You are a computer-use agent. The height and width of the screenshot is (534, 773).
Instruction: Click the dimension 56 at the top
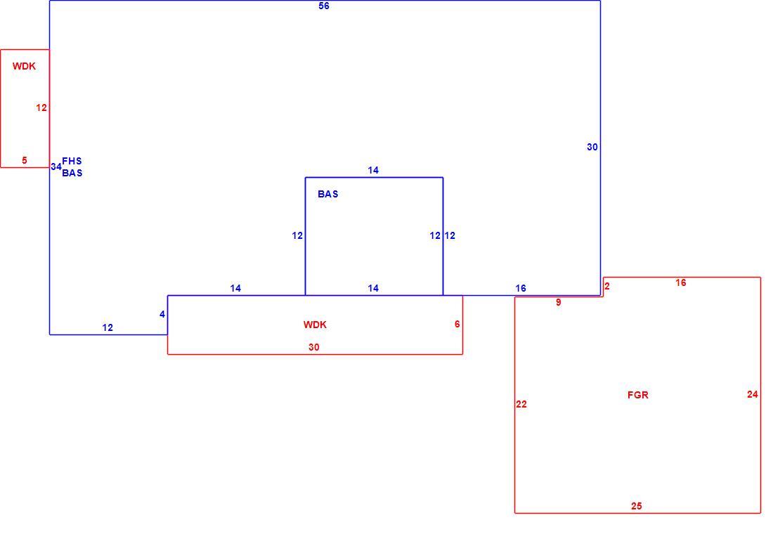pos(324,6)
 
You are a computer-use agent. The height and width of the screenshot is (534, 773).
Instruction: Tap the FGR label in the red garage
pos(638,395)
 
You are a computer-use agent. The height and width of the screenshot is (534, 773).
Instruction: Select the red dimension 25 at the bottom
pos(637,506)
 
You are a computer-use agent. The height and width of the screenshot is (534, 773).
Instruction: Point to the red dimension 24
pos(753,394)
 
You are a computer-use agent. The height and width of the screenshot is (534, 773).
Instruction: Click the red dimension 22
pos(521,404)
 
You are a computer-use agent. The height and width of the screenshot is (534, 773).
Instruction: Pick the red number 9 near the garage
pos(559,302)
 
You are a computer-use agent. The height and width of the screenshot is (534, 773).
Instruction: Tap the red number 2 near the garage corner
pos(607,286)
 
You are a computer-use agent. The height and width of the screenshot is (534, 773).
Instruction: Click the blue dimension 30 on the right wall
pos(592,147)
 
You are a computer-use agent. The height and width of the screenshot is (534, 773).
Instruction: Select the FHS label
pos(72,161)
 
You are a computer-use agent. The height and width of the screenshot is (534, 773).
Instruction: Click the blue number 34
pos(56,167)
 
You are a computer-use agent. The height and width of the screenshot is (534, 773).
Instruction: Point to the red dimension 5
pos(24,160)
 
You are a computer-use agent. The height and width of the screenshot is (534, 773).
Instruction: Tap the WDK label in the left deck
pos(24,66)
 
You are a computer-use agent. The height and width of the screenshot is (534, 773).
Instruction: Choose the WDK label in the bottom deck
pos(315,325)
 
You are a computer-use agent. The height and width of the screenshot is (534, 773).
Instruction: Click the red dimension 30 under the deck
pos(314,347)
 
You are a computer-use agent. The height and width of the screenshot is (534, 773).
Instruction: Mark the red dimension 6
pos(457,324)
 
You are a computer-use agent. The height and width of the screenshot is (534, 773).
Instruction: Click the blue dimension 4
pos(162,314)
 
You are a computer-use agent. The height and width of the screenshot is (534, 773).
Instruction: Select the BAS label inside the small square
pos(328,194)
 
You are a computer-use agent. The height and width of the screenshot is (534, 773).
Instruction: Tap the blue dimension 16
pos(521,288)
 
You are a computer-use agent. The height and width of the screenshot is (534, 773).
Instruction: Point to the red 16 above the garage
pos(681,282)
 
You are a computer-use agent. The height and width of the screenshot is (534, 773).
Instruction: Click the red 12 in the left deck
pos(41,108)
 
